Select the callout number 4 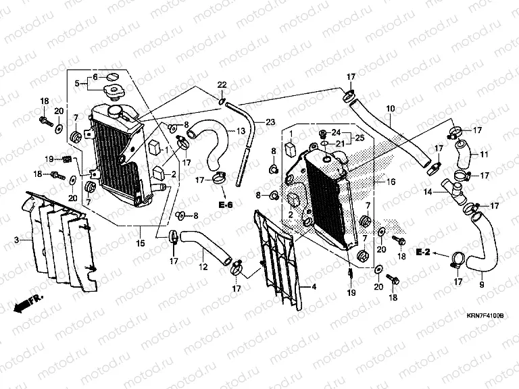(313, 287)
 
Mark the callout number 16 (391, 182)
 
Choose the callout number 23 (270, 122)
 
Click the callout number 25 (359, 138)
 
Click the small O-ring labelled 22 (222, 102)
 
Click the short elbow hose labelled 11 (465, 155)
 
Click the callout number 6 (95, 76)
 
